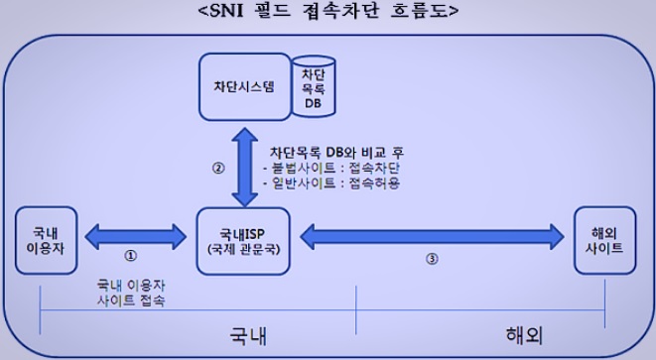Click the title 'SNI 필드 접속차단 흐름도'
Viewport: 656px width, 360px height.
click(328, 13)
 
